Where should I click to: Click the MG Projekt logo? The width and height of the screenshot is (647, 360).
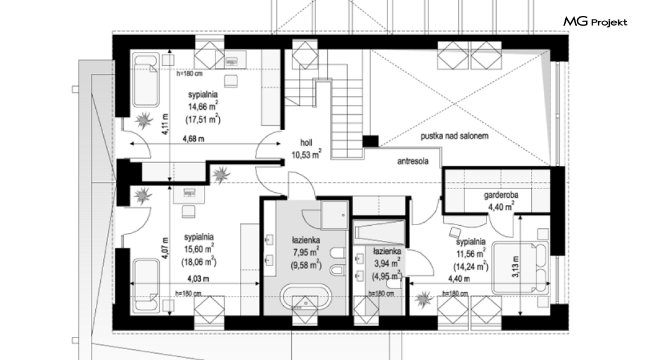[x=595, y=21]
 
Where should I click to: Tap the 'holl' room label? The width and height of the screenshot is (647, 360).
[x=306, y=143]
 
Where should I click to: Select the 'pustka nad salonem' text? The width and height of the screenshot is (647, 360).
[x=454, y=135]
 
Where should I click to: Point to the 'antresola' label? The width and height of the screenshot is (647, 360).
[x=413, y=161]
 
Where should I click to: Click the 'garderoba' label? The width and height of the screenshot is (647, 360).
[x=501, y=195]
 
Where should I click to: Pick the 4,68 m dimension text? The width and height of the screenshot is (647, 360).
[x=193, y=139]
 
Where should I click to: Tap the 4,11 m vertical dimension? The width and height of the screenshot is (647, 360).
[x=165, y=124]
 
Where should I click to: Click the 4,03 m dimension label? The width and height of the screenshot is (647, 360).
[x=198, y=279]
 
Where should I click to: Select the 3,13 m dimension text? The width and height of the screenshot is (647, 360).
[x=516, y=267]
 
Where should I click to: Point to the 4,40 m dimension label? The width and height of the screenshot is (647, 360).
[x=459, y=279]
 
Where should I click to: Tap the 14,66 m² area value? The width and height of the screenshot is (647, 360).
[x=203, y=106]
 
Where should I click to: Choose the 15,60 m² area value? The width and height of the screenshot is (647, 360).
[x=199, y=249]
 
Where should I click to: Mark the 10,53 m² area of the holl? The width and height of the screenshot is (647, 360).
[x=306, y=154]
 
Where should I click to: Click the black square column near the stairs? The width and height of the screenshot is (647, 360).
[x=370, y=141]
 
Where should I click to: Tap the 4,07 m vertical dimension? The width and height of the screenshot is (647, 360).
[x=165, y=248]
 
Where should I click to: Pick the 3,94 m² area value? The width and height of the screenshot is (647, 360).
[x=386, y=263]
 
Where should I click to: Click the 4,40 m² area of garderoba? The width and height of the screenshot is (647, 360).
[x=501, y=206]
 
